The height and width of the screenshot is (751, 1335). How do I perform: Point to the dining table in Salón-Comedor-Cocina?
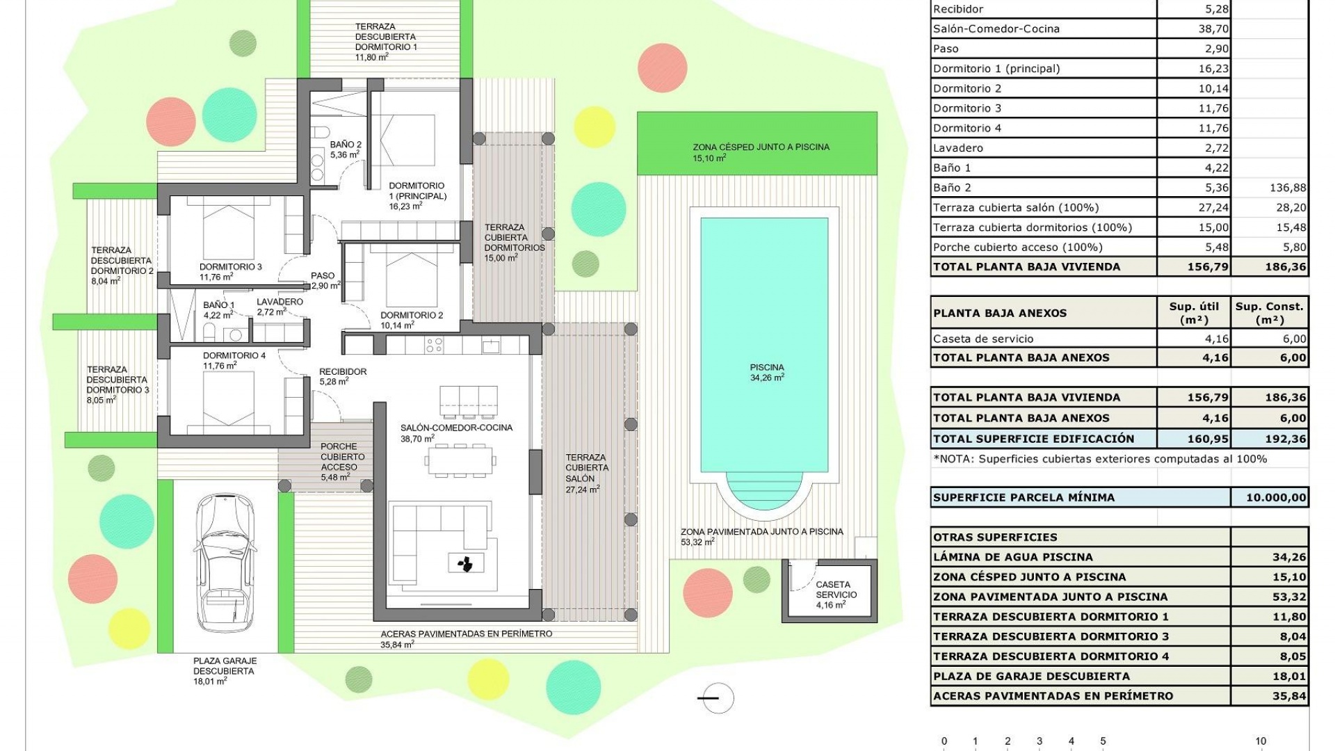point(460,460)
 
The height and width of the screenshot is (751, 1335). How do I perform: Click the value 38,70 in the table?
point(1213,29)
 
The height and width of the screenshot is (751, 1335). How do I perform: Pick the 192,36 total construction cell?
point(1270,439)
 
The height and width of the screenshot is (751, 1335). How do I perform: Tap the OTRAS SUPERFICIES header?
point(995,537)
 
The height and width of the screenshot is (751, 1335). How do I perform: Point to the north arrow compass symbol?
point(717,698)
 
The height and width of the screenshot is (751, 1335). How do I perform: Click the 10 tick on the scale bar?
point(1261,741)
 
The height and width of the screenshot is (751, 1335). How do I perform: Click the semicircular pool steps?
point(765,490)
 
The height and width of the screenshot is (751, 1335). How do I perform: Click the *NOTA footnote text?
point(1099,459)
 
